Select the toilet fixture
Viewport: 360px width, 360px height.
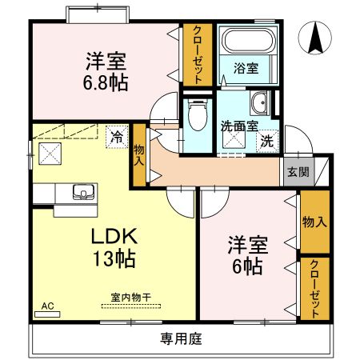coord(195,115)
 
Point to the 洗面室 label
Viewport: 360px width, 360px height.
coord(238,125)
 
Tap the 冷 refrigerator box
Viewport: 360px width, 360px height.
coord(118,137)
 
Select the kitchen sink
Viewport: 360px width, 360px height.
coord(82,192)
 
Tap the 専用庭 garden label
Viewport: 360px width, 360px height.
coord(181,338)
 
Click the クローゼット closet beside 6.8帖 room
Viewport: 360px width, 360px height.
coord(196,54)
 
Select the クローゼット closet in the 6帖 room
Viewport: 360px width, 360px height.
coord(314,289)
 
